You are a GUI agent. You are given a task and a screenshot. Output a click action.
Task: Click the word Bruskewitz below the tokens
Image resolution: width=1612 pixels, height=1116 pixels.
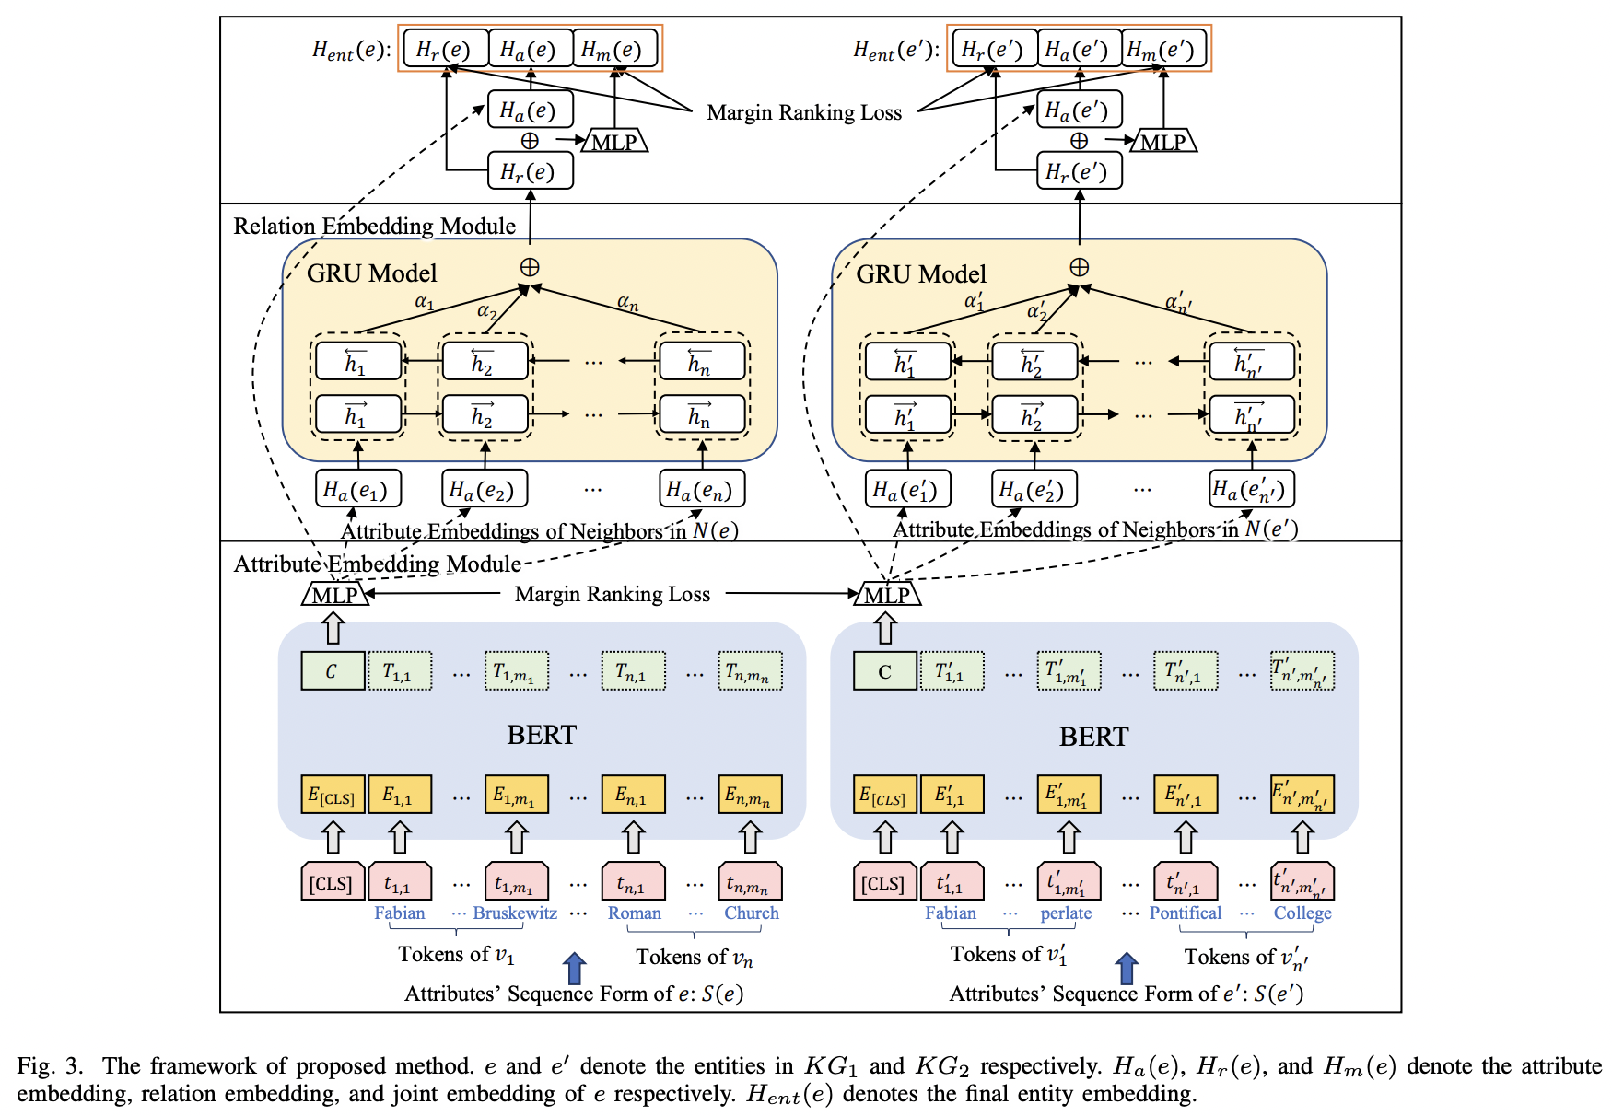click(515, 913)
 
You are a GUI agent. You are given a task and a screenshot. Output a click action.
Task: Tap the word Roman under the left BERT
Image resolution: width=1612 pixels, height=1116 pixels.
click(634, 913)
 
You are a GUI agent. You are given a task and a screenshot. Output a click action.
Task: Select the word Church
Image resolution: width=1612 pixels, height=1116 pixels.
click(751, 913)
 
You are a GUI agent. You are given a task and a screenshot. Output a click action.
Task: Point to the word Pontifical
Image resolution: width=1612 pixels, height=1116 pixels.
click(1185, 913)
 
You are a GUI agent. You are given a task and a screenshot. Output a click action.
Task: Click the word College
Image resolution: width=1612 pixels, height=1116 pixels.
click(1302, 913)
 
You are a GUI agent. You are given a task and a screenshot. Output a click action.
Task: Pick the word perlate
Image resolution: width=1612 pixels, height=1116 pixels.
click(1066, 913)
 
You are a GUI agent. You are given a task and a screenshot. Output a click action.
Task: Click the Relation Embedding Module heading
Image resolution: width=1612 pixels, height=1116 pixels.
click(374, 227)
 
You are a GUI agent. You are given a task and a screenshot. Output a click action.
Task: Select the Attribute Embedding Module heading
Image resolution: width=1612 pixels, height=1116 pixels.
click(377, 564)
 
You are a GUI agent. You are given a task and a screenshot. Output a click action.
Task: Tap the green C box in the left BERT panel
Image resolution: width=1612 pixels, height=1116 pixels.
click(332, 671)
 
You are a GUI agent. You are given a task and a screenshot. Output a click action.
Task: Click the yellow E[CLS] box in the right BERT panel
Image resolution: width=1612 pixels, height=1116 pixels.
click(884, 795)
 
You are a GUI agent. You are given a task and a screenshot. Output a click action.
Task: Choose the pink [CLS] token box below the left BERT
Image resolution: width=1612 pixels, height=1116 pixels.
click(332, 882)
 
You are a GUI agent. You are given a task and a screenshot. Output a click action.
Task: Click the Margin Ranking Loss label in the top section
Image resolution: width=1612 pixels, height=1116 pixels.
click(804, 113)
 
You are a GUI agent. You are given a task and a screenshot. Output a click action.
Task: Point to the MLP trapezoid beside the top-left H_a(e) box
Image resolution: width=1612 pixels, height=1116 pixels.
click(614, 142)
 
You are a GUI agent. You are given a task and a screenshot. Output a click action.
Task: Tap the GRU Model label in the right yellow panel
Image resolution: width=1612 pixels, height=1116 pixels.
click(921, 274)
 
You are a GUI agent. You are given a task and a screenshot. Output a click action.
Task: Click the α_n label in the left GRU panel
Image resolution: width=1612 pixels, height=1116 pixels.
click(627, 302)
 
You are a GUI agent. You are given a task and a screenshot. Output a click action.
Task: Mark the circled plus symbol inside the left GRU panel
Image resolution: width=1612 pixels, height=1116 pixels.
click(530, 267)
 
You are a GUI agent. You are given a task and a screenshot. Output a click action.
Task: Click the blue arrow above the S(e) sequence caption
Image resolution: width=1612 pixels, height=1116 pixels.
click(574, 969)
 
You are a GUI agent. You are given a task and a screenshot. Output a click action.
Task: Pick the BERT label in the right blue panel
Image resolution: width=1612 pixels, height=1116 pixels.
click(1093, 737)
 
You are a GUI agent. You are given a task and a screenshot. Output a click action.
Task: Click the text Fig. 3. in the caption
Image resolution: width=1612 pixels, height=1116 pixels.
click(50, 1066)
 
